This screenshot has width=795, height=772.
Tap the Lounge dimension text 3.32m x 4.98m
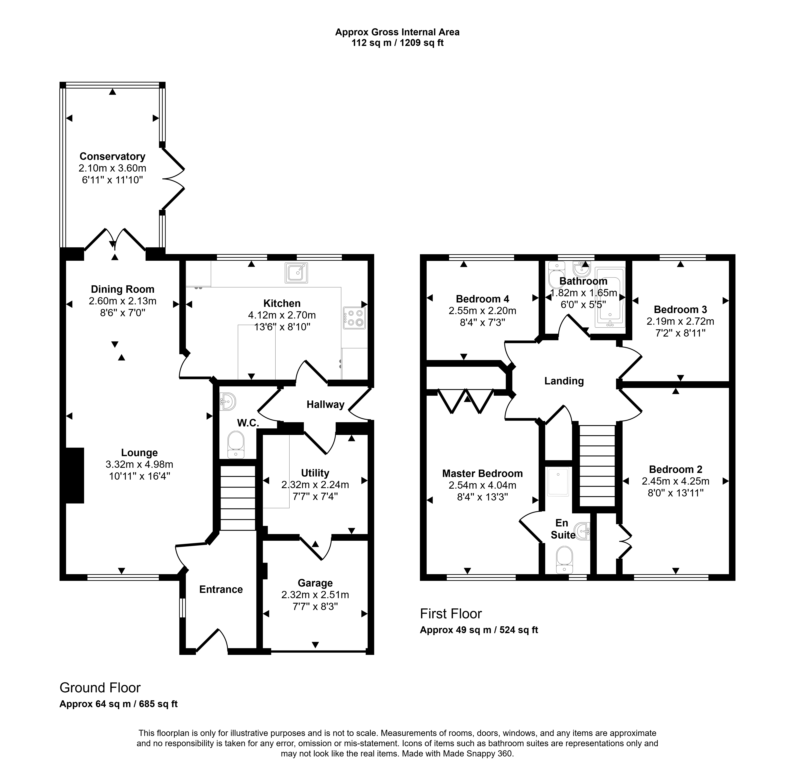click(x=139, y=464)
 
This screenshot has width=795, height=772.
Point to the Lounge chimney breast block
click(x=75, y=475)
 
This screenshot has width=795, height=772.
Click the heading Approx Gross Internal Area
click(x=397, y=32)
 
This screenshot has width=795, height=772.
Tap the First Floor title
click(x=451, y=614)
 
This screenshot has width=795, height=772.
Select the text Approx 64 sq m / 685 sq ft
click(x=118, y=704)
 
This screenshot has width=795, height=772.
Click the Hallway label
click(x=325, y=404)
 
